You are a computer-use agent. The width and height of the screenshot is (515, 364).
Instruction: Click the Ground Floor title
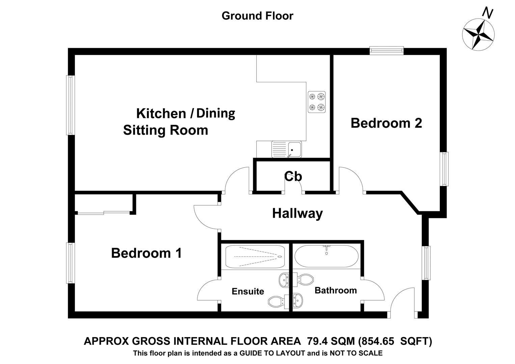click(x=257, y=16)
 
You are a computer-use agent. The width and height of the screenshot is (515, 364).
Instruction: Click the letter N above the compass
click(x=487, y=13)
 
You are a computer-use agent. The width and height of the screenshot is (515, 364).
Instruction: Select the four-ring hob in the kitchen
click(x=317, y=102)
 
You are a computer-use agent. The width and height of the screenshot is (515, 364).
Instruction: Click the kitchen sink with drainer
click(x=287, y=149)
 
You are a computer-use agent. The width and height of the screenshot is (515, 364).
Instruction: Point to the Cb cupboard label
click(x=293, y=176)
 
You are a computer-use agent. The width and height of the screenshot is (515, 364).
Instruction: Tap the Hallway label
click(x=297, y=213)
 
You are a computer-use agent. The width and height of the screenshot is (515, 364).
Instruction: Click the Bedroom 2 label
click(x=386, y=123)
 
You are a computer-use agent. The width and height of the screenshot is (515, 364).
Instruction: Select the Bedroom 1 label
click(x=146, y=253)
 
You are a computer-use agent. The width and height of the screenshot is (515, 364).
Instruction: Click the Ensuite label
click(x=248, y=291)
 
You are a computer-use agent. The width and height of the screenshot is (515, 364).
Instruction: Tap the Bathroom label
click(x=335, y=290)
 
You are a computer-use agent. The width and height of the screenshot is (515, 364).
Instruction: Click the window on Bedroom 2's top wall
click(x=386, y=51)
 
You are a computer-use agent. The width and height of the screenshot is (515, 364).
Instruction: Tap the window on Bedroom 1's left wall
click(x=70, y=263)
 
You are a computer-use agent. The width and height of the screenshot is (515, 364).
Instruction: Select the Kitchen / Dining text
click(x=185, y=113)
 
